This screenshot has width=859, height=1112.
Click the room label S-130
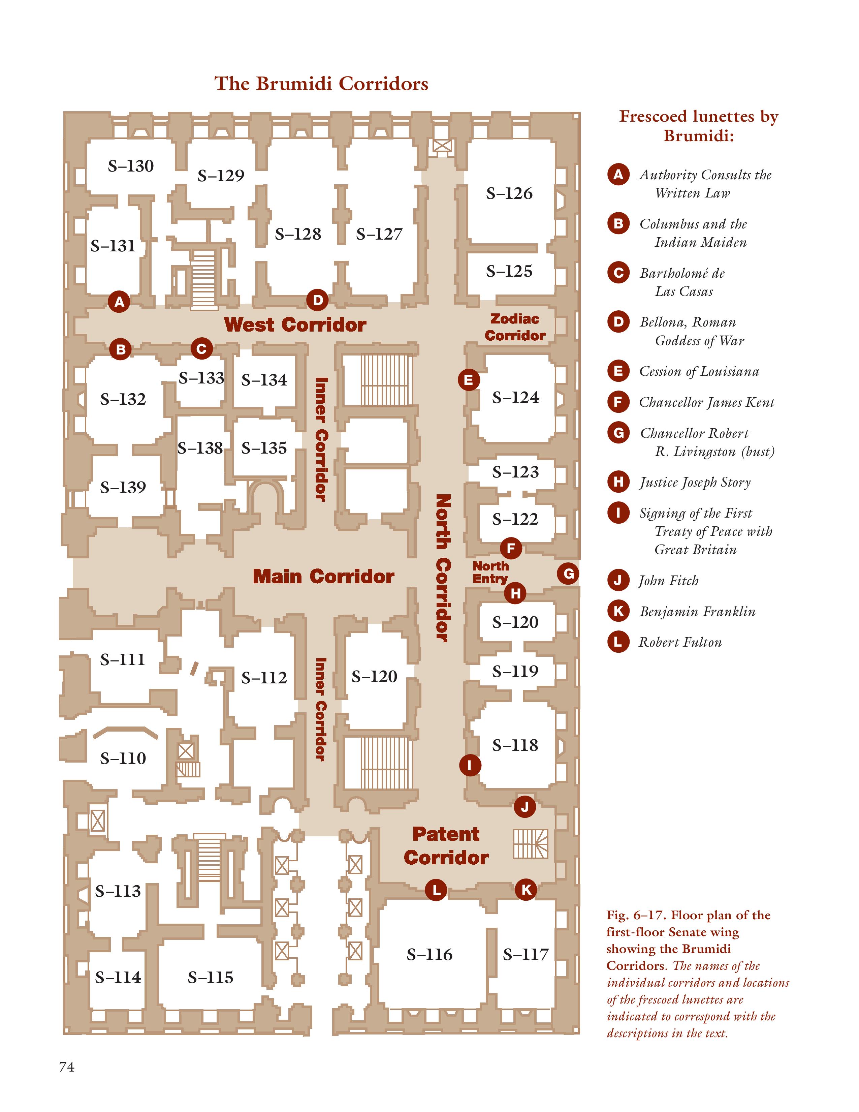point(131,166)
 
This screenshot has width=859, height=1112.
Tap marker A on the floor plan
point(119,302)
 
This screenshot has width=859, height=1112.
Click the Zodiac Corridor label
point(515,327)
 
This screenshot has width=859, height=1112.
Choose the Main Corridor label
point(324,576)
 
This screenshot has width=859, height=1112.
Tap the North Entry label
point(490,572)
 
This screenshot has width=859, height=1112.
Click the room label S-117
point(526,954)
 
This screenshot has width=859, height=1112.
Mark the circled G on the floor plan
point(568,574)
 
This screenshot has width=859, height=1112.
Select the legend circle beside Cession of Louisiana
point(618,371)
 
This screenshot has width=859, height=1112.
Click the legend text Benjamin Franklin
point(698,612)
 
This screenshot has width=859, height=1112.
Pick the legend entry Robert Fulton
point(680,642)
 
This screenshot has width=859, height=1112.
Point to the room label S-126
point(509,193)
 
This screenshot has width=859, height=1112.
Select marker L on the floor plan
point(436,890)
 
